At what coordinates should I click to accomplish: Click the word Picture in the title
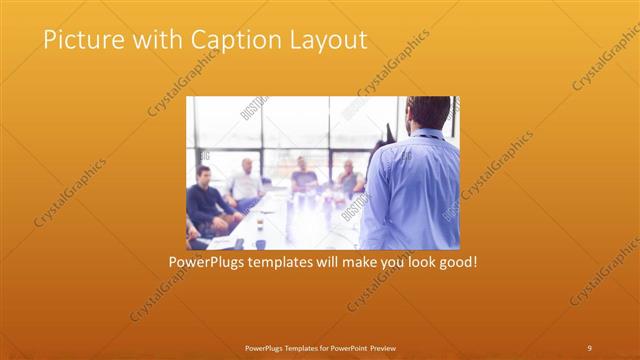tap(79, 40)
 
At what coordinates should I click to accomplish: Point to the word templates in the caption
tap(281, 262)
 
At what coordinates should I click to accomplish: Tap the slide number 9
tap(589, 347)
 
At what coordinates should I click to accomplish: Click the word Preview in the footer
tap(388, 347)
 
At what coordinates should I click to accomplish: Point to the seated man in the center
tap(304, 176)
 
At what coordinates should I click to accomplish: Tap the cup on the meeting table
tap(260, 243)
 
